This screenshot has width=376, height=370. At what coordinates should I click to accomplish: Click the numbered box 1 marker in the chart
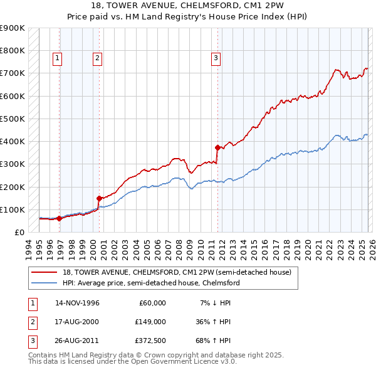(57, 58)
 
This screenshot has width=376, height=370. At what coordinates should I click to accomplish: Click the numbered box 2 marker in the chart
(98, 58)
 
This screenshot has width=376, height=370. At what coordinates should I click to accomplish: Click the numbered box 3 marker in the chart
(216, 58)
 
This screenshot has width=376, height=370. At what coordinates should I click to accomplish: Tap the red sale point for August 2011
(217, 148)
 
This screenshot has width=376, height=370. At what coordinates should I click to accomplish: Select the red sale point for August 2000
(99, 198)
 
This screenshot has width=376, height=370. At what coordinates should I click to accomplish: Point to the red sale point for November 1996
(59, 219)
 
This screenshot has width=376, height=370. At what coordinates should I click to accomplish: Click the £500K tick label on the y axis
(13, 119)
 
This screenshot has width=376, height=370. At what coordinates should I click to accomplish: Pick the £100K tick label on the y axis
(13, 209)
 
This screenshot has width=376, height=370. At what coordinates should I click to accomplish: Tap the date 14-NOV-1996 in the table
(78, 303)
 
